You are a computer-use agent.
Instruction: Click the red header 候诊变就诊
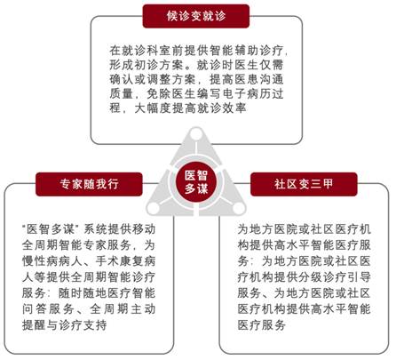(x=196, y=16)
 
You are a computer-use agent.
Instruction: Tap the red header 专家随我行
(x=89, y=184)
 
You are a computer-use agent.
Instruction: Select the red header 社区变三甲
(x=304, y=184)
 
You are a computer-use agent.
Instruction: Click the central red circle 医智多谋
(x=196, y=181)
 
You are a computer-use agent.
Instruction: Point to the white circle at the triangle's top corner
(x=196, y=134)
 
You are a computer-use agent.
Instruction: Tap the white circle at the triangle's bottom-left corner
(x=154, y=208)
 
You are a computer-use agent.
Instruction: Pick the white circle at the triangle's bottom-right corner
(x=239, y=208)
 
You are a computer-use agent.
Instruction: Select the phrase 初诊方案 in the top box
(x=153, y=65)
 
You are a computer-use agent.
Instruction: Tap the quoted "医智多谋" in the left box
(x=51, y=229)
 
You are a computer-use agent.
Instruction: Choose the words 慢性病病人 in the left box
(x=52, y=261)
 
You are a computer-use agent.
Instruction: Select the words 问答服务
(x=48, y=309)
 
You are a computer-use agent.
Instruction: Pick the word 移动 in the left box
(x=143, y=229)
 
